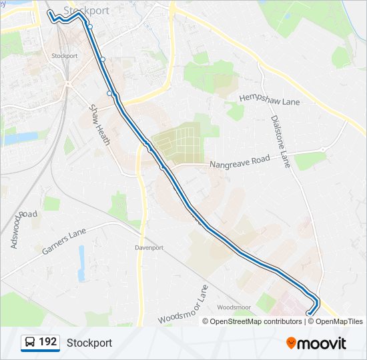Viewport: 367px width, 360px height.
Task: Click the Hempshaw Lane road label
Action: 270,99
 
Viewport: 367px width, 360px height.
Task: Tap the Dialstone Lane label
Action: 281,141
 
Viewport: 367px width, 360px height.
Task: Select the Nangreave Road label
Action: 240,161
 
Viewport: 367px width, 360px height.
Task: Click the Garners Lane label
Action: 64,241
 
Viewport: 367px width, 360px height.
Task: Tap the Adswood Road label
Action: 24,229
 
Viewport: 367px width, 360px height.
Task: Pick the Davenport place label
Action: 149,247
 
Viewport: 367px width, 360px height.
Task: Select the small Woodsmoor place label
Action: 234,307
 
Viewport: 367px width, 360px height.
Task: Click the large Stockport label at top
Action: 86,11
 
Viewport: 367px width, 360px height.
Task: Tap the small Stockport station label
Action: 64,56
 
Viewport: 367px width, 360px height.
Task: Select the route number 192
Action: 48,342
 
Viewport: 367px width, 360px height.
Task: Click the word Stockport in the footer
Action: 89,343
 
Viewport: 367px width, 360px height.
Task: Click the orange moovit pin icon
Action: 291,343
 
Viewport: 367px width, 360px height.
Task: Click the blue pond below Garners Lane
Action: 81,263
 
